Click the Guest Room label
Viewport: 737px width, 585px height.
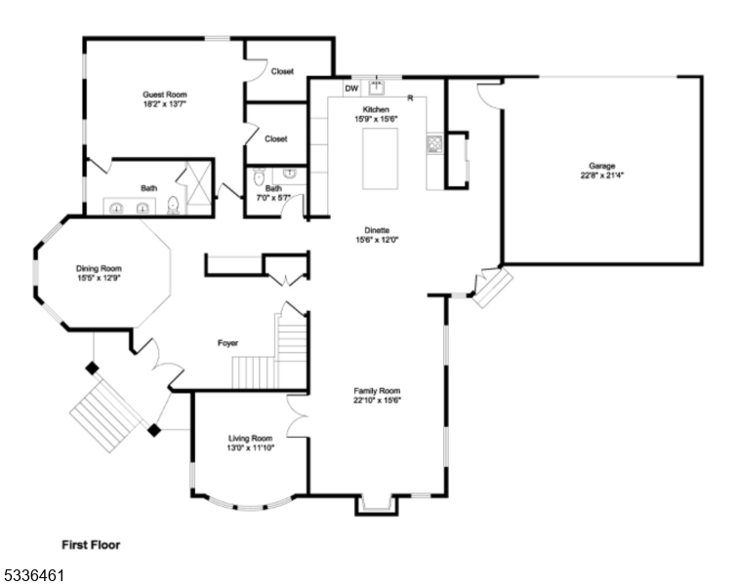click(165, 95)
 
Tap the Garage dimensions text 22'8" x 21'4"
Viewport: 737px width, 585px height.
click(602, 175)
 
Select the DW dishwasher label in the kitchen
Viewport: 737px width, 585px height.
click(351, 89)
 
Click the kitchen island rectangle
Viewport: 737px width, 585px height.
click(381, 159)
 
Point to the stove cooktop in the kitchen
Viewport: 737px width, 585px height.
click(434, 144)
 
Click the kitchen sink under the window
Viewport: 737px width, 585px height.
click(377, 88)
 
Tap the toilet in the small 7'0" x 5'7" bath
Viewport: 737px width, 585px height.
click(259, 176)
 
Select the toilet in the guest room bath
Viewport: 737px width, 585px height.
click(174, 205)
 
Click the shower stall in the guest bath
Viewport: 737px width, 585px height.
click(199, 188)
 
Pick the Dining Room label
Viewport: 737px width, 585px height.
click(99, 268)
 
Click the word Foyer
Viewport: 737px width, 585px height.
click(227, 343)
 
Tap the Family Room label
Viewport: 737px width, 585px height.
click(377, 391)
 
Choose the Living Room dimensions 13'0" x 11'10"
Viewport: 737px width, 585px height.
click(251, 448)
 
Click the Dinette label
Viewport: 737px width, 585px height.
click(377, 230)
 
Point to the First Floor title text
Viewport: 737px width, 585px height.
click(91, 545)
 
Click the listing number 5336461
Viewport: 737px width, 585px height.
click(34, 575)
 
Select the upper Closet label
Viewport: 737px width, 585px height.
click(282, 71)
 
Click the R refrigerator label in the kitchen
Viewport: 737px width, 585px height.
click(410, 98)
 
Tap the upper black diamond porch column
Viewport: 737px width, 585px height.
click(92, 369)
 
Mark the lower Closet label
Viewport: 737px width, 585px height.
click(276, 139)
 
